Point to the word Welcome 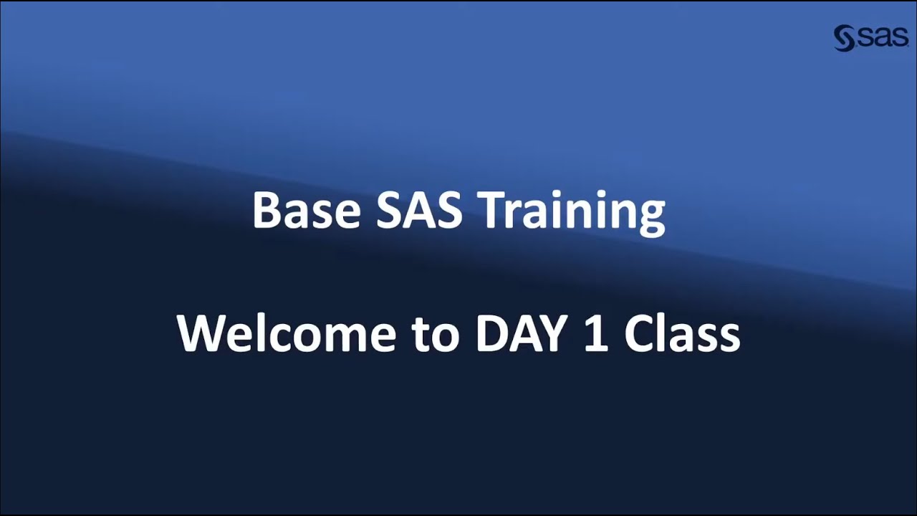(286, 334)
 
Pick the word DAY (524, 334)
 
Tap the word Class (682, 334)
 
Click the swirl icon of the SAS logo (845, 38)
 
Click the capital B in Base (264, 211)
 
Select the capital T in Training (492, 211)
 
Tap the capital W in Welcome (201, 334)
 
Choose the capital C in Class (640, 334)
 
